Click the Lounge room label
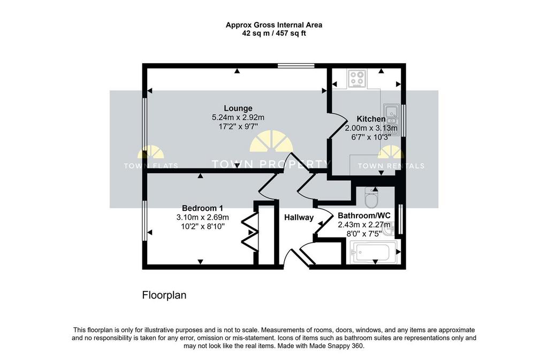tap(238, 108)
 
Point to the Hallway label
tap(299, 218)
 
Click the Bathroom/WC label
tap(364, 216)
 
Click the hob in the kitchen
tap(357, 78)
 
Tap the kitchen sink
tap(392, 119)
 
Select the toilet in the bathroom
tap(371, 197)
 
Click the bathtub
tap(373, 252)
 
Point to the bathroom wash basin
tap(389, 229)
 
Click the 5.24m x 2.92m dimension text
tap(238, 117)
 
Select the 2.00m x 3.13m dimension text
tap(371, 128)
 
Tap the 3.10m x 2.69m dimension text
tap(203, 217)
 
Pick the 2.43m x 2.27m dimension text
tap(364, 225)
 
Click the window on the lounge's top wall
tap(296, 66)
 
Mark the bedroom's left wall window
tap(144, 220)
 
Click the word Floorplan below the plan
tap(164, 295)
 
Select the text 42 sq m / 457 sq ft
tap(274, 34)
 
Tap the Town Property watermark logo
tap(271, 150)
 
